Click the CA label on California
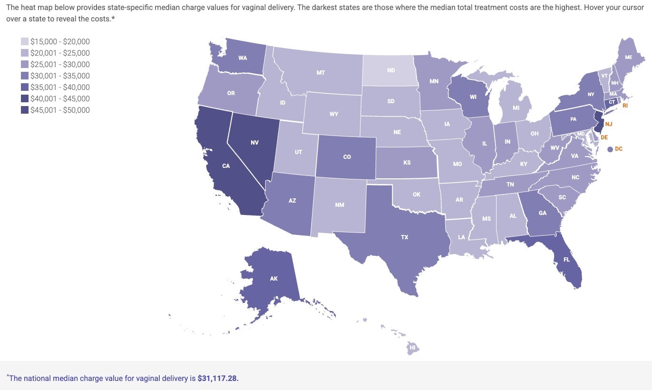(x=226, y=166)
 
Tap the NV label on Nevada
(x=254, y=142)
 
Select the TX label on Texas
(x=405, y=237)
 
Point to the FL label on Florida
(x=566, y=260)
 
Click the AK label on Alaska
(x=273, y=278)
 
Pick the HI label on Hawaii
(x=413, y=348)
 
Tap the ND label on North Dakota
(x=391, y=70)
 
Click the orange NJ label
(x=609, y=124)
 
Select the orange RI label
(x=625, y=106)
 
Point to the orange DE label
(x=604, y=137)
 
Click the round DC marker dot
(x=610, y=149)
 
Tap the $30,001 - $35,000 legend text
(x=60, y=76)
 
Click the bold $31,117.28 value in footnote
(x=218, y=379)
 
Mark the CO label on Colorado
(x=347, y=156)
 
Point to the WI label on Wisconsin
(x=473, y=97)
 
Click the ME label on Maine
(x=628, y=57)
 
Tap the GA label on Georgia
(x=543, y=213)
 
